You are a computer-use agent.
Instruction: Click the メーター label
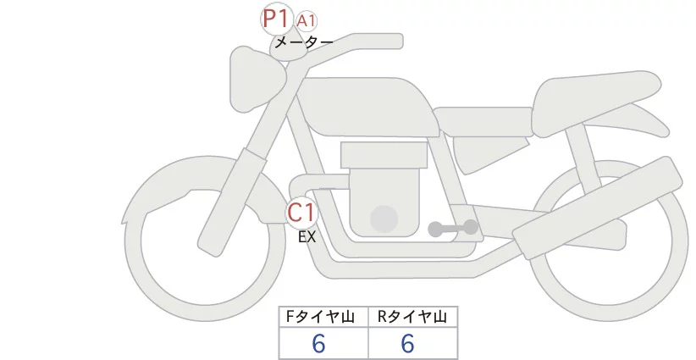click(x=303, y=41)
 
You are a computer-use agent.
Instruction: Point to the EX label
click(x=307, y=237)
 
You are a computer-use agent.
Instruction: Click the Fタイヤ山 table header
click(x=323, y=317)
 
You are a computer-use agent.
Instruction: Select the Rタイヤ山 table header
click(x=412, y=317)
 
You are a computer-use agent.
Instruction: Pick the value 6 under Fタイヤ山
click(x=319, y=343)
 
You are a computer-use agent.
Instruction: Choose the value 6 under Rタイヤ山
click(x=407, y=343)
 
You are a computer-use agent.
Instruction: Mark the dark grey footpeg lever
click(x=453, y=228)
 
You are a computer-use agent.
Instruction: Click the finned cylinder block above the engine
click(x=383, y=155)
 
